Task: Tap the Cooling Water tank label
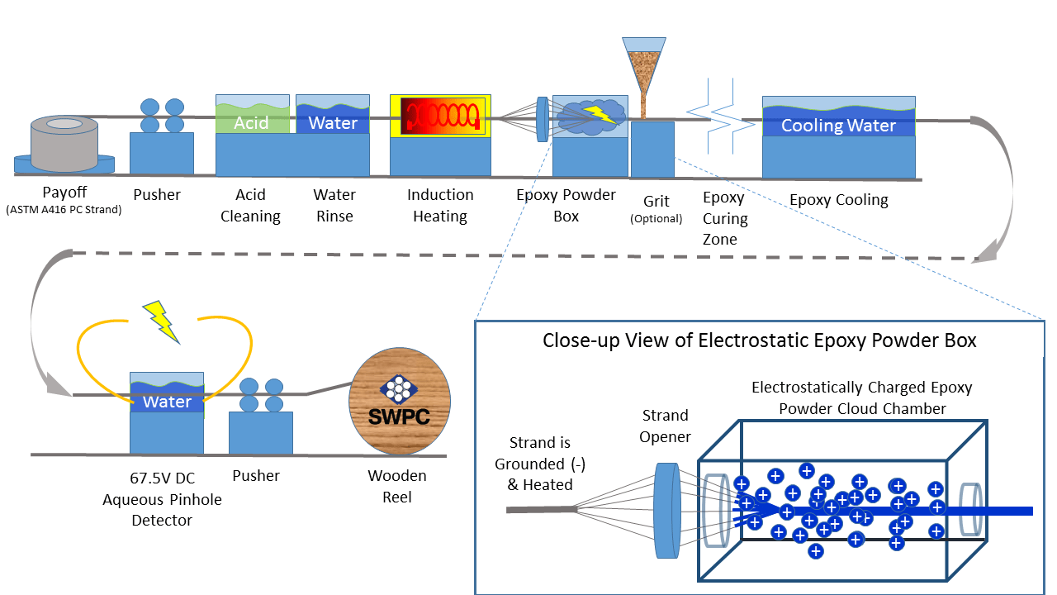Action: pos(838,126)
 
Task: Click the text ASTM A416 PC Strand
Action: pos(64,210)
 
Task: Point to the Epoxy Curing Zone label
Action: pos(725,219)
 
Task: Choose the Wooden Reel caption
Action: pos(397,486)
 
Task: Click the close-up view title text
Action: pos(759,340)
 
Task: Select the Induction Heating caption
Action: pos(440,206)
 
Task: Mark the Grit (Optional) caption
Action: pos(656,209)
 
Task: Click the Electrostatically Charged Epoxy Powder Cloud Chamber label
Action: pos(861,397)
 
